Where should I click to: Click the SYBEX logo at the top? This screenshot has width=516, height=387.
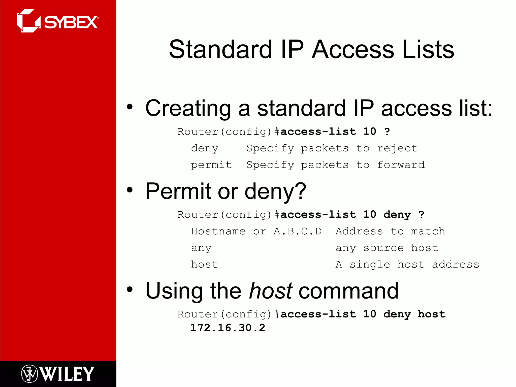pos(58,21)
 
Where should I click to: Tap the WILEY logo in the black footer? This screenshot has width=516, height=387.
pos(58,374)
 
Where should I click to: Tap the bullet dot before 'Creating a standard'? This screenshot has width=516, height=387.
pos(130,107)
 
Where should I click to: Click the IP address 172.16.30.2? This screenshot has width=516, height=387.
pos(228,328)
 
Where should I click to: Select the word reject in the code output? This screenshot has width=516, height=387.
pos(397,148)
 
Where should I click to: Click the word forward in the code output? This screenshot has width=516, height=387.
pos(401,165)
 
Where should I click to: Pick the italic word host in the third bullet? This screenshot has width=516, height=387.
pos(270,291)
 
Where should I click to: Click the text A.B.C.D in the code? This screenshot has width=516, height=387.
pos(298,231)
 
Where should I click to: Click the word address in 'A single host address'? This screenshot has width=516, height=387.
pos(455,265)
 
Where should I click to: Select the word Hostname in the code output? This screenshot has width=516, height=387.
pos(218,231)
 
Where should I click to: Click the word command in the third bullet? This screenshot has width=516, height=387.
pos(348,291)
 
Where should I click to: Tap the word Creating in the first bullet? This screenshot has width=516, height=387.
pos(188,108)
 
